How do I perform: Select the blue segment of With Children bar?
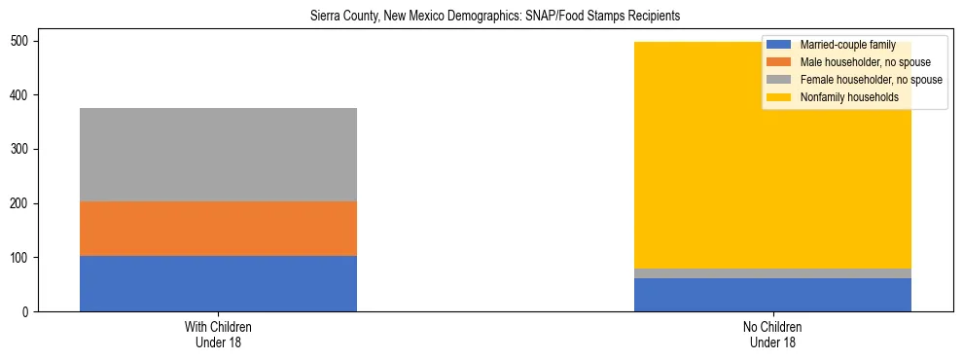tap(218, 283)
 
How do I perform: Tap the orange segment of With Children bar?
tap(218, 229)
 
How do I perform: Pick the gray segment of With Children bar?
tap(218, 155)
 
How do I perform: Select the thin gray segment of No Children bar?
tap(772, 273)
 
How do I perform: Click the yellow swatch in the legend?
tap(780, 97)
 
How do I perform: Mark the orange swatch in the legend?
tap(780, 62)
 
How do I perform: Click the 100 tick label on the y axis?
tap(22, 258)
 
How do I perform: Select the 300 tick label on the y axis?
tap(22, 149)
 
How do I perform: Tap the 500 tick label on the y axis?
tap(22, 41)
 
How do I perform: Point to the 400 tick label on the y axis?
tap(22, 95)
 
